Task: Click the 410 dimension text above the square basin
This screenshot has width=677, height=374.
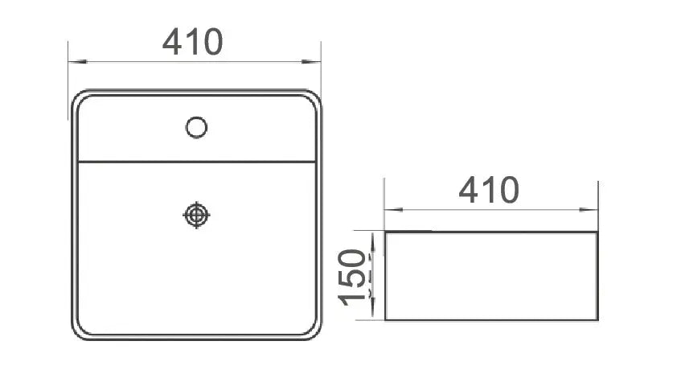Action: point(192,42)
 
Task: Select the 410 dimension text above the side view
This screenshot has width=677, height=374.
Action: point(489,190)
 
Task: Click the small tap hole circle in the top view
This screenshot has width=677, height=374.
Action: point(196,127)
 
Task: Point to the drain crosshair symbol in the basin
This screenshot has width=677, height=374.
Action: point(196,215)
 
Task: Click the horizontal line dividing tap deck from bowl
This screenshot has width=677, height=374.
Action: point(196,162)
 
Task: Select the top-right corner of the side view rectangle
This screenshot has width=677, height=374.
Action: point(597,232)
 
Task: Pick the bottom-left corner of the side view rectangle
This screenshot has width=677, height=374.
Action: point(385,320)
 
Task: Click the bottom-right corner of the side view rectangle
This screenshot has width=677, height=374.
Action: point(597,320)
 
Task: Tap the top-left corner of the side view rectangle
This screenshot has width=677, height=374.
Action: point(385,232)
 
